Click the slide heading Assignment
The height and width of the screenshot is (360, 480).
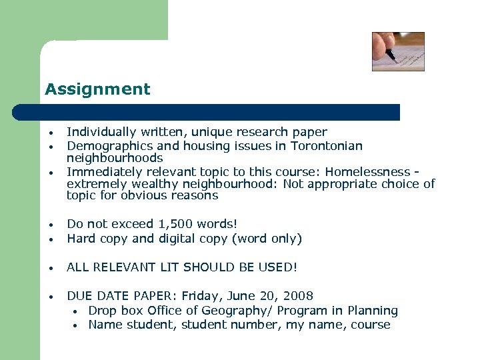pyautogui.click(x=97, y=89)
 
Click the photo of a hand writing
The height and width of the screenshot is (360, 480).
pyautogui.click(x=398, y=51)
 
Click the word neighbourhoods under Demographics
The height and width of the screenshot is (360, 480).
pyautogui.click(x=115, y=158)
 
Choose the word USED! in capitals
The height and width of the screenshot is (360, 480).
pyautogui.click(x=279, y=267)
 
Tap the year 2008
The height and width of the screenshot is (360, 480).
pyautogui.click(x=297, y=295)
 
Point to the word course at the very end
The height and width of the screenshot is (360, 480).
pyautogui.click(x=371, y=325)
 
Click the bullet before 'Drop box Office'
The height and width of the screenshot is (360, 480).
pyautogui.click(x=77, y=311)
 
